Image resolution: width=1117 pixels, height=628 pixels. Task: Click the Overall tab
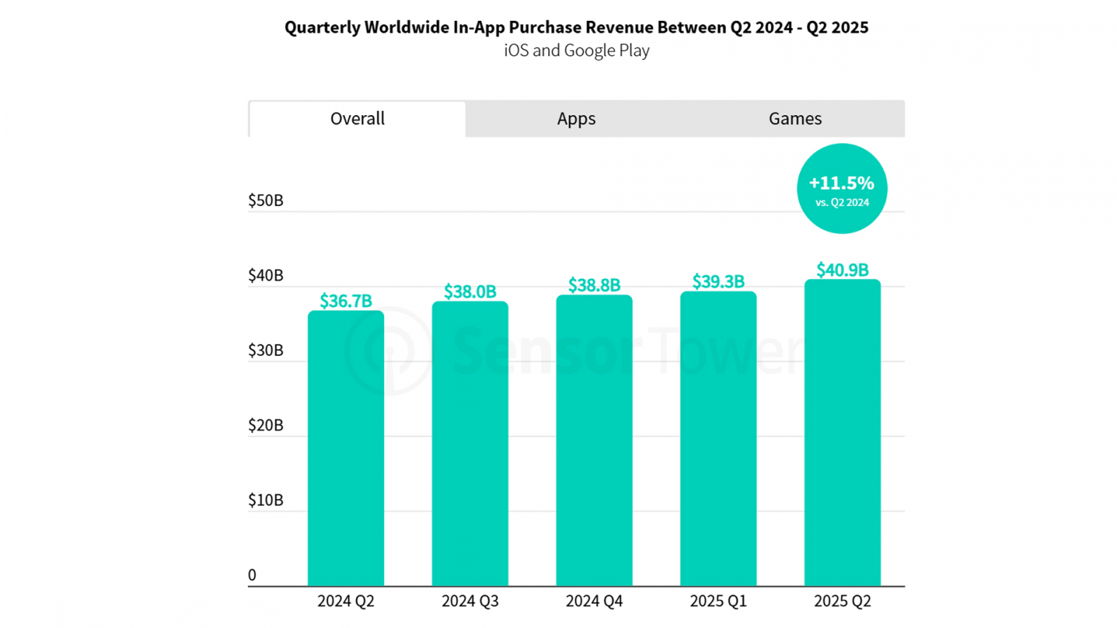(x=357, y=119)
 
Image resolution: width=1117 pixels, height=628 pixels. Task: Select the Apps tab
(x=576, y=119)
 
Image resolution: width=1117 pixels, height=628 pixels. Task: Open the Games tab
(x=795, y=119)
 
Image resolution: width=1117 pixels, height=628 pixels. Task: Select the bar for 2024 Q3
(x=470, y=444)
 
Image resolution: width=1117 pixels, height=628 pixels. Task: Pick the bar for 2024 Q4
(x=594, y=440)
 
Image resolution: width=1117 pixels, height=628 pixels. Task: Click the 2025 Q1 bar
(x=718, y=439)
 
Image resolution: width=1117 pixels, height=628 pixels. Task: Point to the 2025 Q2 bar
(x=843, y=433)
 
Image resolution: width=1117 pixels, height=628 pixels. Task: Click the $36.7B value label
(x=346, y=301)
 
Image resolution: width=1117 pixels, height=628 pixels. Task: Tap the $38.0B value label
(x=470, y=292)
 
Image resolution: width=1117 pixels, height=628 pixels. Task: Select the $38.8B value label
(x=594, y=285)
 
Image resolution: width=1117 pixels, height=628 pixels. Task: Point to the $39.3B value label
(x=718, y=281)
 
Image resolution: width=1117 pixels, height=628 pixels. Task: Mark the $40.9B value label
(x=843, y=270)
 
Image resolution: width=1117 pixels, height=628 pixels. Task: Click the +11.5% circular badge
(x=842, y=188)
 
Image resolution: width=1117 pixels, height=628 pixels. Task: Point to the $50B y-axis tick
(x=266, y=201)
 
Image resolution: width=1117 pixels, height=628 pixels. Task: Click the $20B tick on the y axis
(x=266, y=426)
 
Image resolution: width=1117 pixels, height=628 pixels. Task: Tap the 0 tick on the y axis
(x=253, y=575)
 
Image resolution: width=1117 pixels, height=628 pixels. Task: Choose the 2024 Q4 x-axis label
(x=594, y=601)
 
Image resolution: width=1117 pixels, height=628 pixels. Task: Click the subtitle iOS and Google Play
(x=577, y=50)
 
